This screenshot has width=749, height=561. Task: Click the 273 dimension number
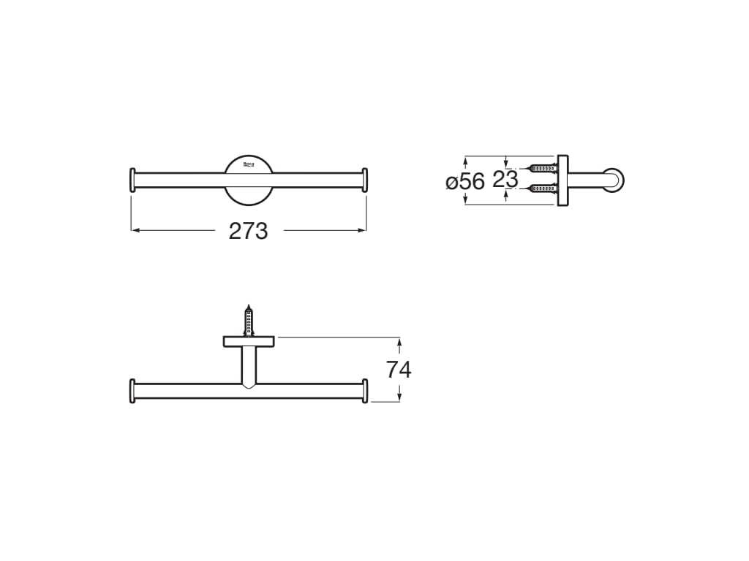[x=249, y=231]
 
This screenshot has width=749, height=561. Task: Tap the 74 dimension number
[x=399, y=370]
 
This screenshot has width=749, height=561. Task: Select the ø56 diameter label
[x=465, y=180]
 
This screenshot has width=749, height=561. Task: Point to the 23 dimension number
[x=505, y=179]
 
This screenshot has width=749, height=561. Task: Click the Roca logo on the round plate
[x=249, y=165]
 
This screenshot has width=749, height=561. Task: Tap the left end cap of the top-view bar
[x=132, y=180]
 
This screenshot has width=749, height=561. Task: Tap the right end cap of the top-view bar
[x=365, y=180]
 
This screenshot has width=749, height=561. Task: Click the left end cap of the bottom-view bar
[x=132, y=391]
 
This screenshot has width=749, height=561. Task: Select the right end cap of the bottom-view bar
[x=365, y=391]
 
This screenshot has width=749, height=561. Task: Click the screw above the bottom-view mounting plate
[x=249, y=320]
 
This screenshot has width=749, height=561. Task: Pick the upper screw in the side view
[x=541, y=169]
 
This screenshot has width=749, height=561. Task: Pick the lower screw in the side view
[x=541, y=188]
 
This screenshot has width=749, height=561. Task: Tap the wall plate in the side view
[x=562, y=180]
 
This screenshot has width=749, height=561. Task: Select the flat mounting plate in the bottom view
[x=249, y=340]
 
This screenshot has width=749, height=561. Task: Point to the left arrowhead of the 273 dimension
[x=135, y=230]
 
